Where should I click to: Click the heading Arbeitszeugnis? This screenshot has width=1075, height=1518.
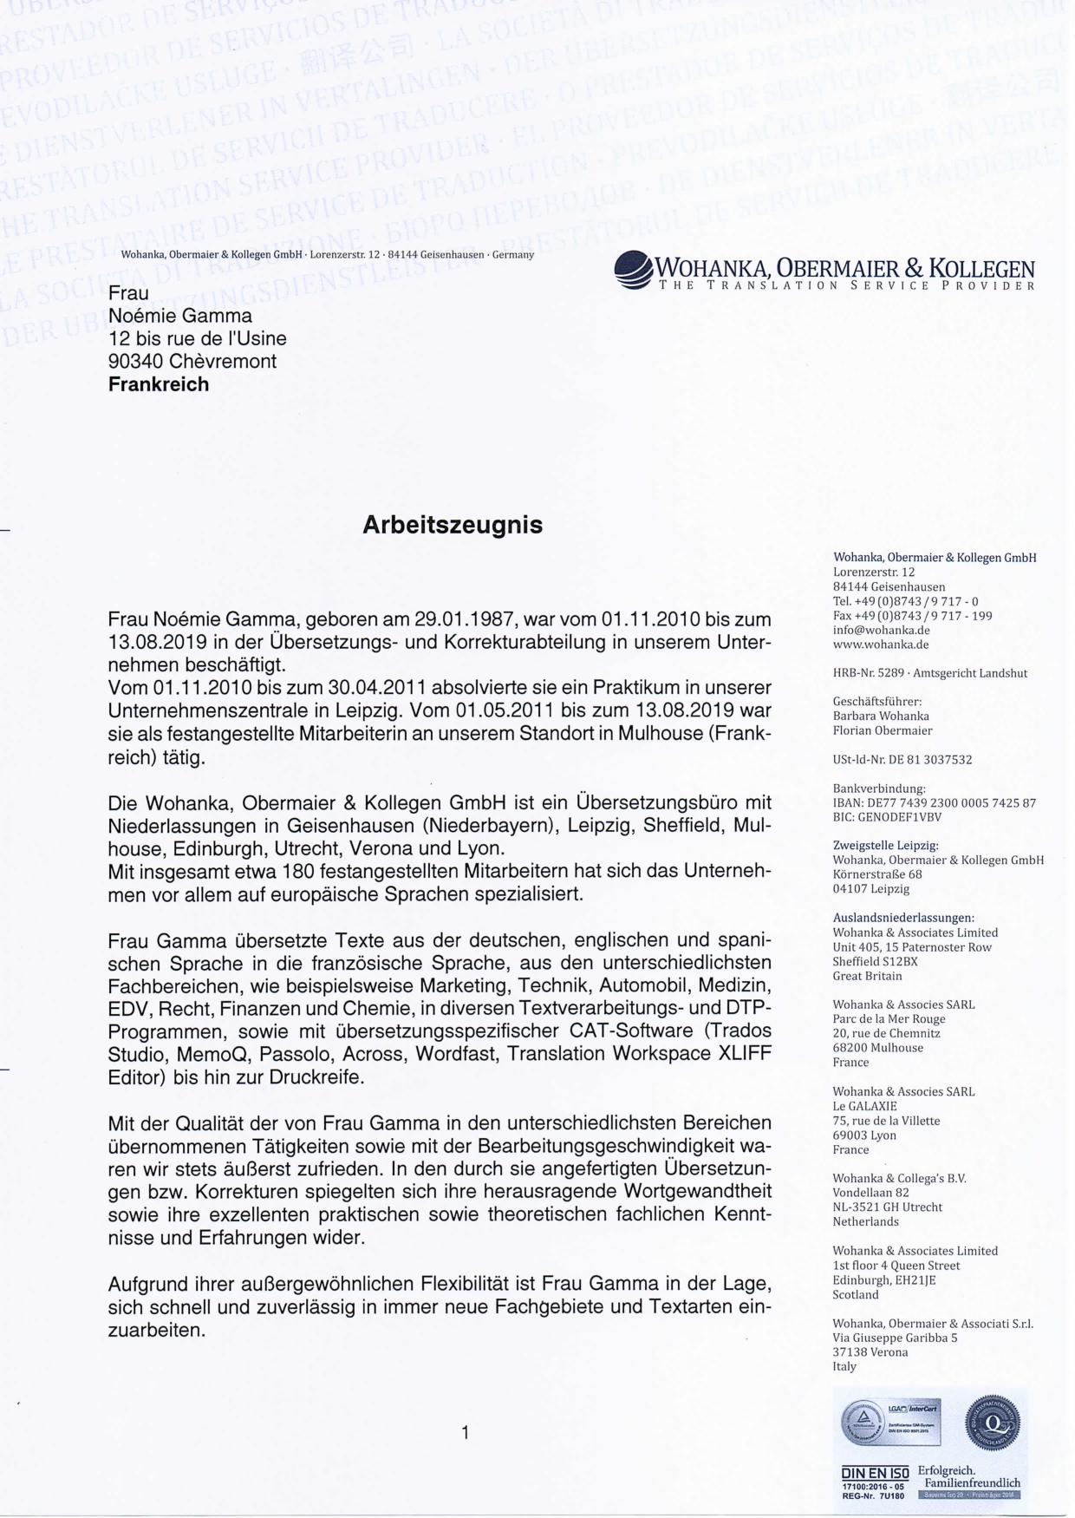coord(452,526)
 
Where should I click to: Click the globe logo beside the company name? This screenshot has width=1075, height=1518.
coord(635,270)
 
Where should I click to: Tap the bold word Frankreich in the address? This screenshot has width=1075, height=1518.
coord(159,384)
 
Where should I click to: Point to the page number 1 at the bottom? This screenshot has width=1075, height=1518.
coord(466,1433)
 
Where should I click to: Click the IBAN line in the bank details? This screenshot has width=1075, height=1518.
coord(934,803)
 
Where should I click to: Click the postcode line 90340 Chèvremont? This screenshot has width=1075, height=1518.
coord(192,362)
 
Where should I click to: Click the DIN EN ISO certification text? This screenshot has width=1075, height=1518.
coord(875,1473)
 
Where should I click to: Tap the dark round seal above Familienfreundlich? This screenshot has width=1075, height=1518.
coord(992,1423)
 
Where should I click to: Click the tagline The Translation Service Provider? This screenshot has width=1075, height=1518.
coord(847,285)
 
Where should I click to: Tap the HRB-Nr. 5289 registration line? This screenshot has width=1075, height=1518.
coord(929,673)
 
